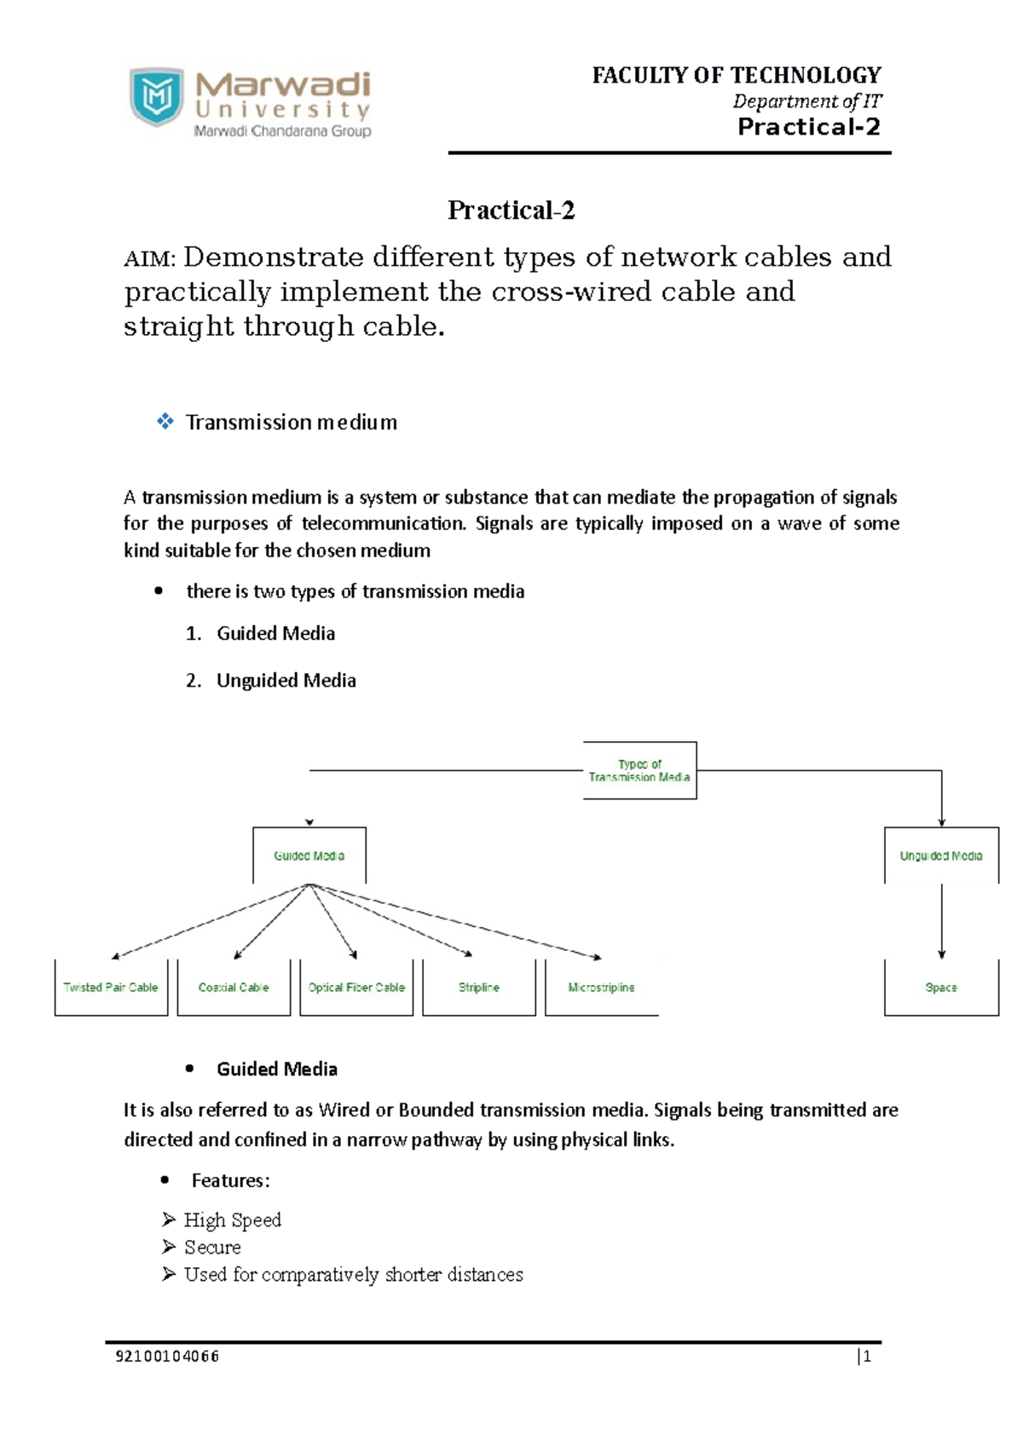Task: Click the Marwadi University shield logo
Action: click(x=157, y=97)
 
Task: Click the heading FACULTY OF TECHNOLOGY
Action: click(x=737, y=76)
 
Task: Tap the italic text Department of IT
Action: click(x=806, y=101)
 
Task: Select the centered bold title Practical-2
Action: click(x=511, y=210)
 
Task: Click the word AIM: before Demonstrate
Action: click(x=150, y=258)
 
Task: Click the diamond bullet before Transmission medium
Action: click(x=165, y=421)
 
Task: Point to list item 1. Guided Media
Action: click(x=261, y=633)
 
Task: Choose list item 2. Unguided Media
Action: click(x=271, y=680)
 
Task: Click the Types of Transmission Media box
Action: click(x=639, y=770)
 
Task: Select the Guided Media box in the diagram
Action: click(x=309, y=856)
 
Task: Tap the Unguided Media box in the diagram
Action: click(x=941, y=856)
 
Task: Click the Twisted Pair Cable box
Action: click(x=111, y=987)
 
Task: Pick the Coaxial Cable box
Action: click(x=234, y=987)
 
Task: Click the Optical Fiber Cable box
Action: click(x=356, y=987)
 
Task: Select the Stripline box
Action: click(x=479, y=987)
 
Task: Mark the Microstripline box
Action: click(x=601, y=987)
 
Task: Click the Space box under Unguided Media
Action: click(x=941, y=987)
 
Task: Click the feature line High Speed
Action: click(x=232, y=1220)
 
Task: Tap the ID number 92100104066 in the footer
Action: click(x=167, y=1357)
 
